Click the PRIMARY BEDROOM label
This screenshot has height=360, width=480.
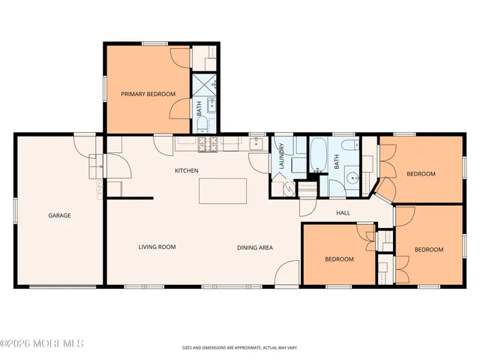148,94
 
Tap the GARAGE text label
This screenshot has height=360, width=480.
60,215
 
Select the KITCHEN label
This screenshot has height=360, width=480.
187,171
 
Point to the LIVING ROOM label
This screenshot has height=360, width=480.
157,247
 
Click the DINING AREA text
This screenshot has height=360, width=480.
254,247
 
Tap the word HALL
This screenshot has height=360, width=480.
343,213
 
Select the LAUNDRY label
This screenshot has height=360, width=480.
280,159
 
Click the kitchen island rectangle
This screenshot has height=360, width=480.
223,190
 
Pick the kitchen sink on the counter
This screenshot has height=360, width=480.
256,142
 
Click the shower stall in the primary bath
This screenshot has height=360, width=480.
205,85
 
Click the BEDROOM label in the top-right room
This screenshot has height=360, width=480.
420,174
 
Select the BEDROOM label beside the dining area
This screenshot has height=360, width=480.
339,259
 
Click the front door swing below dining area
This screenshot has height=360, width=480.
286,273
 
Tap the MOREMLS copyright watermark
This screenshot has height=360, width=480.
42,343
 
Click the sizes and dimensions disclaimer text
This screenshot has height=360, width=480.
239,347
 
